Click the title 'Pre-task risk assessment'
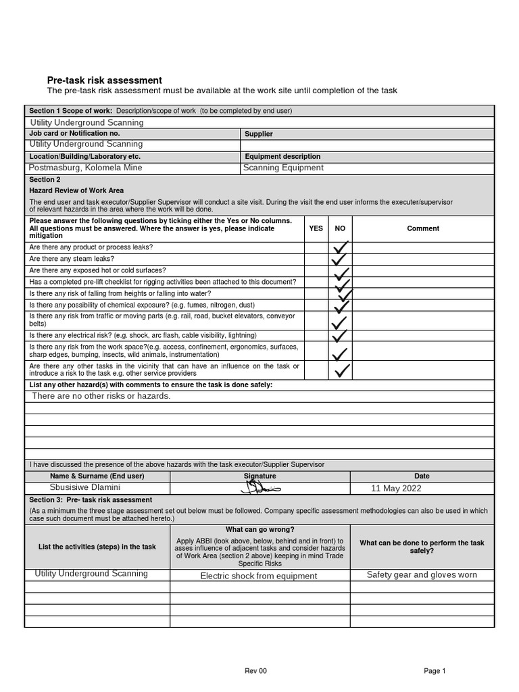click(104, 80)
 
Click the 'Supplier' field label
click(258, 134)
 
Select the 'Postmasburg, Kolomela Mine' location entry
click(86, 168)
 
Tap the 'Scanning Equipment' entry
click(283, 168)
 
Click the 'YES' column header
click(316, 228)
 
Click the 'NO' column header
click(340, 228)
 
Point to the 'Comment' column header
click(423, 228)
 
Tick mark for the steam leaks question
click(339, 259)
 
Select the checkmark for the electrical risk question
click(339, 335)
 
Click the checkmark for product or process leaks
click(340, 247)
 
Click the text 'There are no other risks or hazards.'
click(101, 396)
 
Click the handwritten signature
click(259, 488)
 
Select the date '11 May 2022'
click(396, 489)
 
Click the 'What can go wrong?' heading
click(259, 529)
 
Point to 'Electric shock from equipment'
click(259, 576)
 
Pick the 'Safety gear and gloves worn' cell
click(422, 574)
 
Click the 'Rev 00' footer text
click(255, 670)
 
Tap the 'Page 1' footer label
click(435, 670)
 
